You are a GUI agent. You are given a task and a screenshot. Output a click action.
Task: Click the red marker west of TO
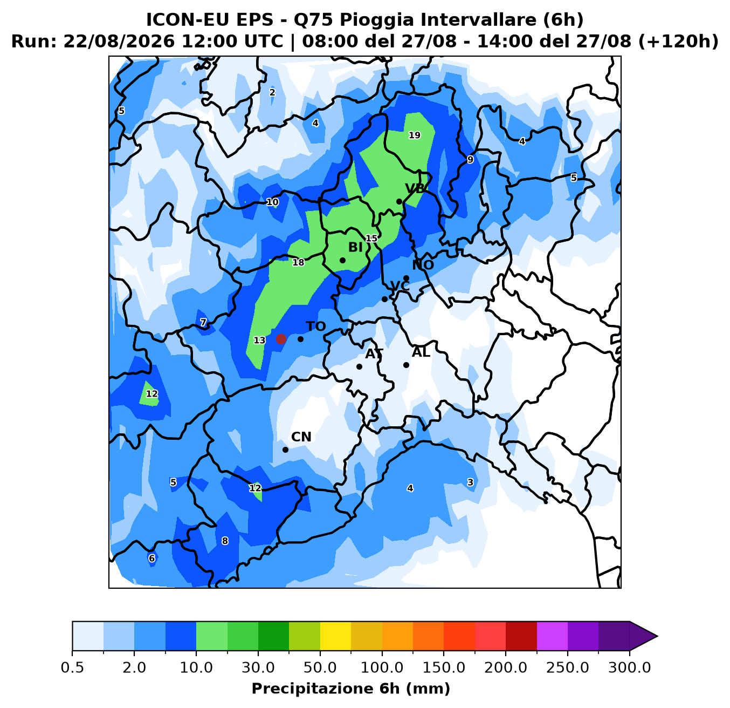click(x=281, y=339)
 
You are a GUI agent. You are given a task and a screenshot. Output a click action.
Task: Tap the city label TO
click(x=316, y=326)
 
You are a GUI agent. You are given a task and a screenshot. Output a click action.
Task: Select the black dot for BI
click(x=342, y=261)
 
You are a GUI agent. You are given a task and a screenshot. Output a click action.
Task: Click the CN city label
click(x=301, y=437)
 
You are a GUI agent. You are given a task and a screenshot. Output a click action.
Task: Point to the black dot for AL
click(x=406, y=365)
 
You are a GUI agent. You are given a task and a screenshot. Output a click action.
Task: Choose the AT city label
click(x=374, y=353)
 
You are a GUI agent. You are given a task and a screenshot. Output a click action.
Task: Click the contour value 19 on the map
click(x=415, y=135)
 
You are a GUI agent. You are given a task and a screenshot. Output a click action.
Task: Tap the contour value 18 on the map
click(x=298, y=262)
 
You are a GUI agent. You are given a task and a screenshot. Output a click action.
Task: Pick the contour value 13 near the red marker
click(x=259, y=341)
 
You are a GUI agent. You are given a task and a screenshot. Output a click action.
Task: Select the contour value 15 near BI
click(x=371, y=239)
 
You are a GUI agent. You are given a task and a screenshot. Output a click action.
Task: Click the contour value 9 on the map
click(x=471, y=160)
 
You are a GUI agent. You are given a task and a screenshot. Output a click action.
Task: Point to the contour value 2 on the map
click(x=272, y=92)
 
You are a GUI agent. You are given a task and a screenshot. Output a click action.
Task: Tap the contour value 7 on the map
click(x=203, y=323)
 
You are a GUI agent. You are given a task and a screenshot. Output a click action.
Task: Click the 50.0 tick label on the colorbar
click(x=320, y=668)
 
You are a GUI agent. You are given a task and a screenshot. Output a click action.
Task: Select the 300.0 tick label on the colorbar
click(x=629, y=668)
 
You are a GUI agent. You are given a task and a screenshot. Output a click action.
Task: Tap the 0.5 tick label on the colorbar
click(x=72, y=668)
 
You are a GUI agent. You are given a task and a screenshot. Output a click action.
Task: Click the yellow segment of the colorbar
click(x=335, y=636)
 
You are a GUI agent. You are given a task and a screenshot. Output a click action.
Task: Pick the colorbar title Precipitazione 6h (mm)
click(x=351, y=689)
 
